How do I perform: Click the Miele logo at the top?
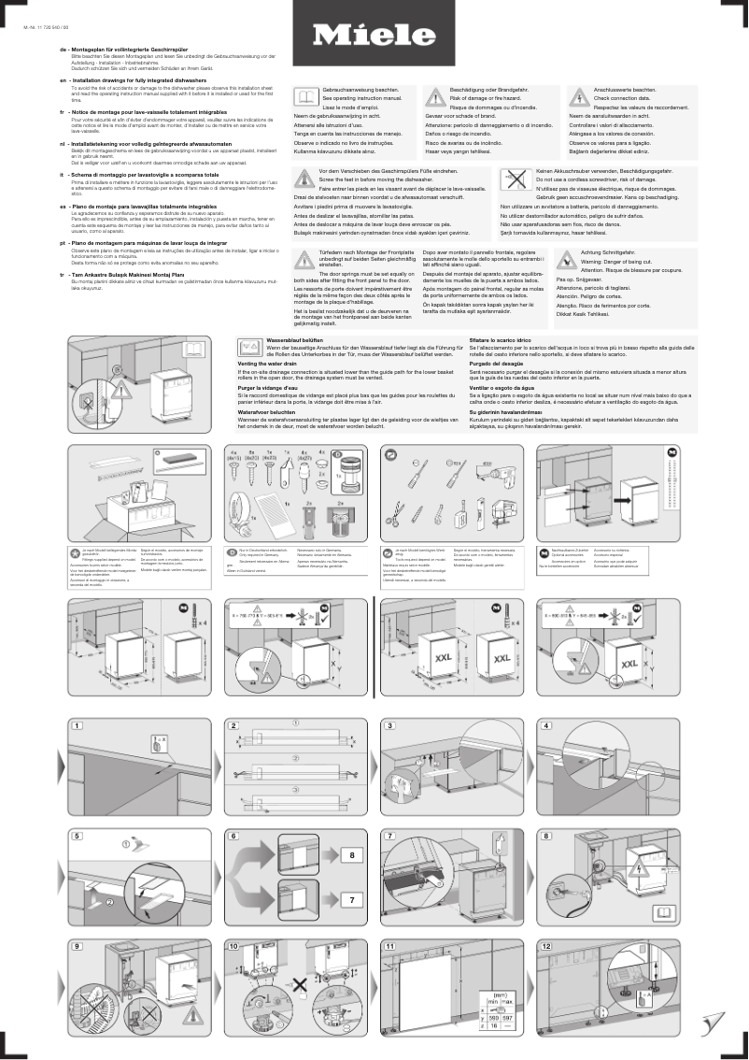point(373,36)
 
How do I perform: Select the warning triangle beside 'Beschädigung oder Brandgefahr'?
point(435,94)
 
